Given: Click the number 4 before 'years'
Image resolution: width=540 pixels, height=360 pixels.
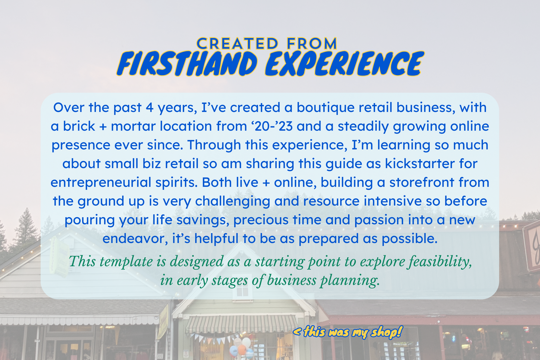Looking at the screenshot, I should (149, 108).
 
